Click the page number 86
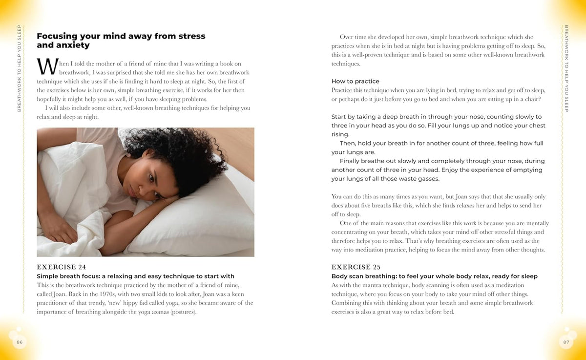click(20, 342)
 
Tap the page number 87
click(566, 342)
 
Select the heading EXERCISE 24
click(62, 267)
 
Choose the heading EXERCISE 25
click(356, 267)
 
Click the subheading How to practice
click(355, 81)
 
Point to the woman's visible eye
click(149, 175)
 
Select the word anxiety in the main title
click(74, 45)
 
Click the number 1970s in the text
click(114, 294)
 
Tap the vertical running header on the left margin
click(20, 68)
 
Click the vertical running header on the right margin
click(566, 68)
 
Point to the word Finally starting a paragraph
click(352, 161)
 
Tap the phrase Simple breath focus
click(68, 276)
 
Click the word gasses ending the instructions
click(427, 178)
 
